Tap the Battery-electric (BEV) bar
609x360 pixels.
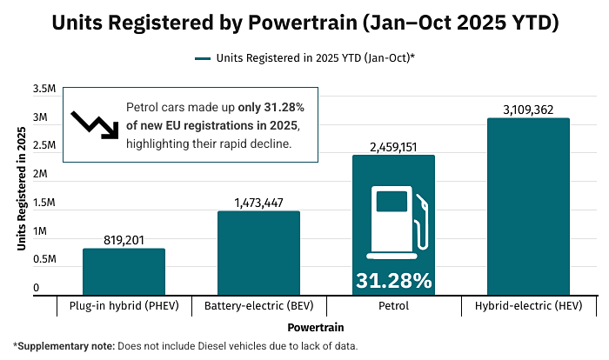pos(258,253)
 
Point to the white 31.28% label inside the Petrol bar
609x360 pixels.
pos(393,281)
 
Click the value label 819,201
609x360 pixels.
pos(124,239)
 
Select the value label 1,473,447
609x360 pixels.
pos(258,202)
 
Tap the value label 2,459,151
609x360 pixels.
pos(393,146)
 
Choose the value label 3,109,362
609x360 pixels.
pos(528,109)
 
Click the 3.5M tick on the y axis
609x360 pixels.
pos(44,90)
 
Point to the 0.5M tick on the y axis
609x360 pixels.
pos(44,260)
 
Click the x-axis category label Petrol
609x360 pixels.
pos(393,306)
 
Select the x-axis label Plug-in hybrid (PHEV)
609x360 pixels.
pos(124,306)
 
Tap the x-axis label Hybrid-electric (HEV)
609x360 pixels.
pos(528,306)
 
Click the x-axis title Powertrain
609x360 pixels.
pos(315,328)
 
